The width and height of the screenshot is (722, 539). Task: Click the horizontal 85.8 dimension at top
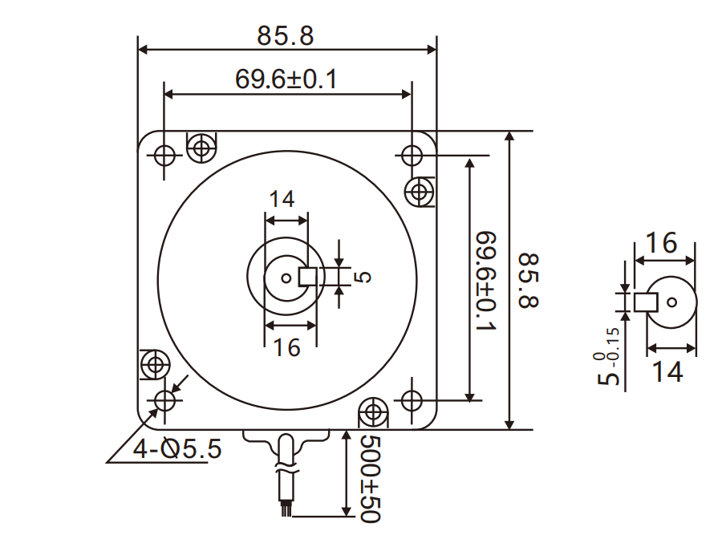[x=286, y=36]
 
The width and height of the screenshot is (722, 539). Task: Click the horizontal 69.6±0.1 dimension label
[x=286, y=79]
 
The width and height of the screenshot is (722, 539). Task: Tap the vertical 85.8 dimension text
[x=530, y=281]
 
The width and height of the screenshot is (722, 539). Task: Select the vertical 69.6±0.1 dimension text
[x=487, y=281]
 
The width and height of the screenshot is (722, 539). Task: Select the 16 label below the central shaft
[x=286, y=347]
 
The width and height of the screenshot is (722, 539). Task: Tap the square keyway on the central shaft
[x=308, y=277]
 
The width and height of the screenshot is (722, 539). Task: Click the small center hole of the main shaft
[x=286, y=278]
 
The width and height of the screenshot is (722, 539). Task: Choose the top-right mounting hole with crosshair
[x=412, y=153]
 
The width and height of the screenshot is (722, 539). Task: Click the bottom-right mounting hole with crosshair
[x=411, y=399]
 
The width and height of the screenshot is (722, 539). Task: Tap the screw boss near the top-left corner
[x=201, y=147]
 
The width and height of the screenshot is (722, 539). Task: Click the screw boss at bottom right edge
[x=372, y=413]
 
